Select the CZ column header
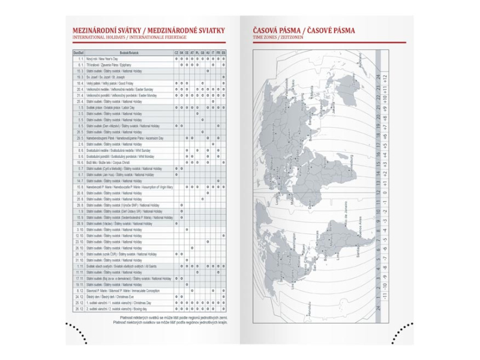(x=176, y=53)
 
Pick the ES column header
(x=224, y=53)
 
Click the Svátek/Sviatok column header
(x=128, y=53)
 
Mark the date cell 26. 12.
(x=79, y=308)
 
